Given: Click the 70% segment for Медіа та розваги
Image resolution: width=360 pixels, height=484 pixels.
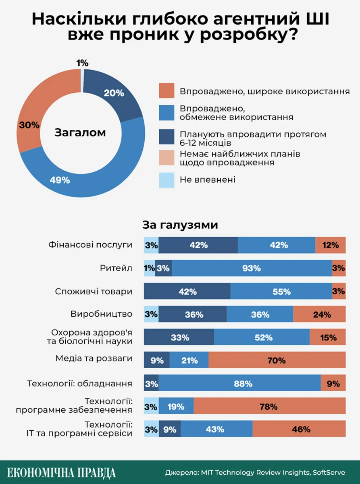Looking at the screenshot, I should tap(277, 360).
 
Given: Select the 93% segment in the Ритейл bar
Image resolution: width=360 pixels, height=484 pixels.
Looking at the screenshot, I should tap(252, 268).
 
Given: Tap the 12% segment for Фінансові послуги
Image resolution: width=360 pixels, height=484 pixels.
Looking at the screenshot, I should tap(330, 245).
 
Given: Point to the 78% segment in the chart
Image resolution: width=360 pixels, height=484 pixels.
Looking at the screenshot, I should tap(269, 407).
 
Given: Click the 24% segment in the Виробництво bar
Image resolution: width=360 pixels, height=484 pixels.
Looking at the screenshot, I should tap(319, 314).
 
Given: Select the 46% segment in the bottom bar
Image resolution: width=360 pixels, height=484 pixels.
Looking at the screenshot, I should tap(299, 430).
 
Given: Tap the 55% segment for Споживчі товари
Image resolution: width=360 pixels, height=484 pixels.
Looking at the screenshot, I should tap(281, 291).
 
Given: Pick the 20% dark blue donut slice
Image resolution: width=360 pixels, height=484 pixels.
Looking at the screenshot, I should tap(114, 94).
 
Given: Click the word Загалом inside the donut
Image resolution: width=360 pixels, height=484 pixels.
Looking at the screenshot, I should tap(80, 133).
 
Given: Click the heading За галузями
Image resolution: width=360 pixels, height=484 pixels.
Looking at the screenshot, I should tap(180, 225).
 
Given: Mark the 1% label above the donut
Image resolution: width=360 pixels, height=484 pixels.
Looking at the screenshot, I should tap(82, 63).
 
